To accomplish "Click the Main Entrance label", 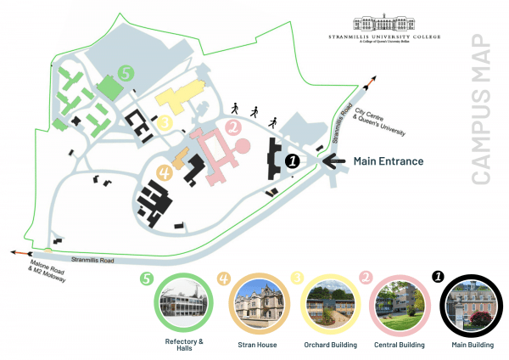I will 388,160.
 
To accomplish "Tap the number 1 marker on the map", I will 292,159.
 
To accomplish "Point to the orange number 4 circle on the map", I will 165,172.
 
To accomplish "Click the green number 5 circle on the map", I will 126,74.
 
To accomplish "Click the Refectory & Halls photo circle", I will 183,307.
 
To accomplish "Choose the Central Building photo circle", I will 398,307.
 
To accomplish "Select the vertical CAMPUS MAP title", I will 481,110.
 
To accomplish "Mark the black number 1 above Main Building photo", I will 438,276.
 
